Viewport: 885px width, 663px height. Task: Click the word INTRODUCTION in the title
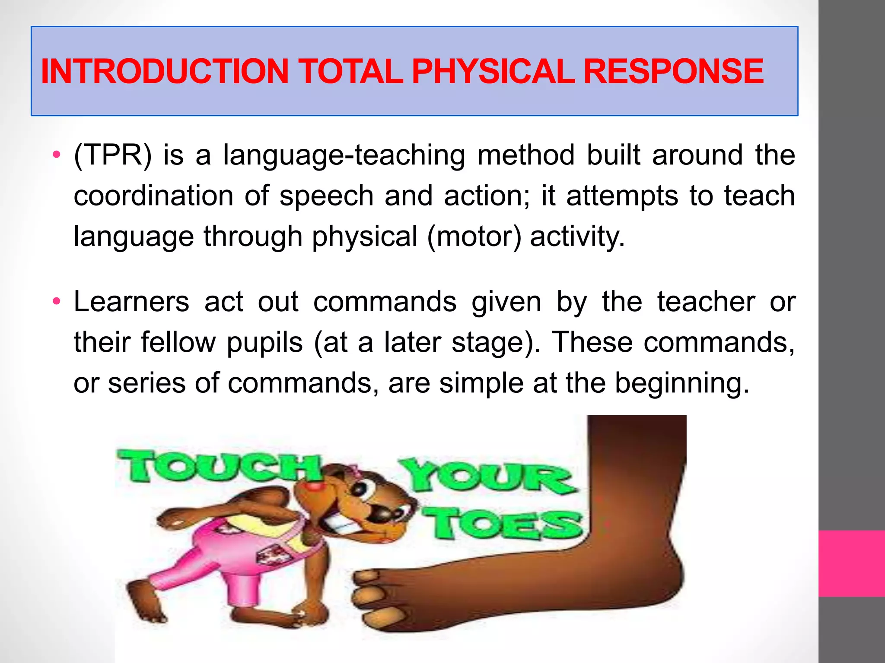coord(164,71)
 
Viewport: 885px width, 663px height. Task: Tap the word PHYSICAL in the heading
coord(493,71)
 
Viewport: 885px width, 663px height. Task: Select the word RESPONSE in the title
coord(673,71)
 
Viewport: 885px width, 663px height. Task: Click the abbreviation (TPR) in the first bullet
coord(113,155)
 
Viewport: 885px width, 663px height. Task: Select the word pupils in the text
coord(264,343)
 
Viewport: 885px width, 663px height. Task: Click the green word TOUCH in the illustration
coord(218,466)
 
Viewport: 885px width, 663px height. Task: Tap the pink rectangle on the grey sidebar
coord(851,563)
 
